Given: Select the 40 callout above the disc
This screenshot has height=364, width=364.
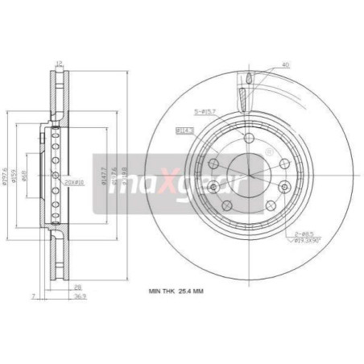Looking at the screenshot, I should [286, 64].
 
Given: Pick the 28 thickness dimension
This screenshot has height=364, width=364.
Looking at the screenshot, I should [77, 286].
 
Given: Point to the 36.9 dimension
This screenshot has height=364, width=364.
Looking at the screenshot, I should [77, 296].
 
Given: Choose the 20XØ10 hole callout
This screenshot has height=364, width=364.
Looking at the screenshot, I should [74, 182].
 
